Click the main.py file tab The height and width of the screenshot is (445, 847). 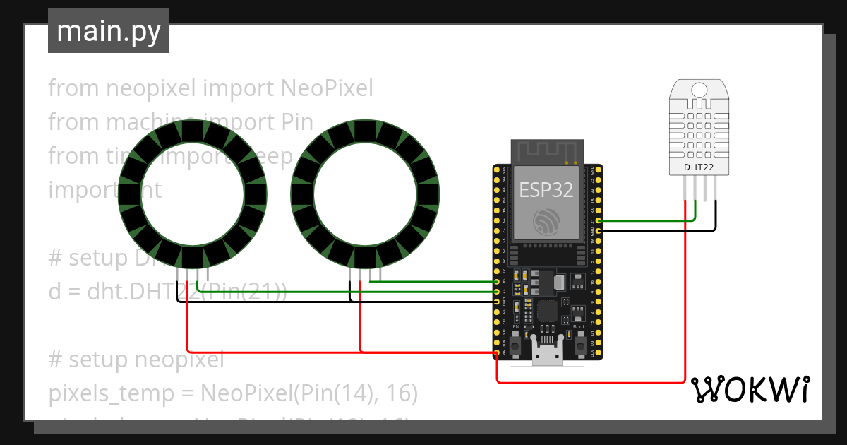point(109,32)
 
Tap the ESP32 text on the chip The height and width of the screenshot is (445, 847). point(547,190)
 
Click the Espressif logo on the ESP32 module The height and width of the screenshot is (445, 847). point(547,222)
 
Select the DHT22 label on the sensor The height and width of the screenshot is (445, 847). point(699,167)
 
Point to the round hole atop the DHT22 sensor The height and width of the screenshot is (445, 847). point(699,90)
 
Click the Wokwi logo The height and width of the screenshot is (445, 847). point(749,389)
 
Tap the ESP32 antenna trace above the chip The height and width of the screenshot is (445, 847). point(547,150)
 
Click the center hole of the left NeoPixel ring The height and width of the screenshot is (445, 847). point(193,194)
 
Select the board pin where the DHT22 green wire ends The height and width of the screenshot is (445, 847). point(599,221)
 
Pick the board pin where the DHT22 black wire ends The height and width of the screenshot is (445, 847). point(599,230)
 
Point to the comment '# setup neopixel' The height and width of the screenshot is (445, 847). point(136,360)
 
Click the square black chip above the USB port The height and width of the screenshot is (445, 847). point(547,311)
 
